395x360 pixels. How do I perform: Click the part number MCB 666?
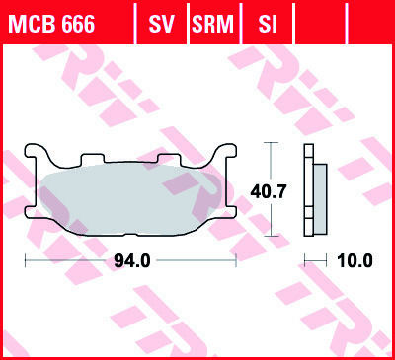coord(52,24)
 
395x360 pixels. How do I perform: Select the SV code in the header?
coord(161,24)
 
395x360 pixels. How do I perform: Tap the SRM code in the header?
coord(212,24)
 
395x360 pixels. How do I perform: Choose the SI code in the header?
coord(268,24)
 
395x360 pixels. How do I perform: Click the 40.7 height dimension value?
coord(269,191)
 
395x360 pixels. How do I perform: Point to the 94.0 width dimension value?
coord(132,261)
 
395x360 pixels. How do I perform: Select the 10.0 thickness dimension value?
coord(355,261)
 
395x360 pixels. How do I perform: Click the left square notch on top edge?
coord(93,159)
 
